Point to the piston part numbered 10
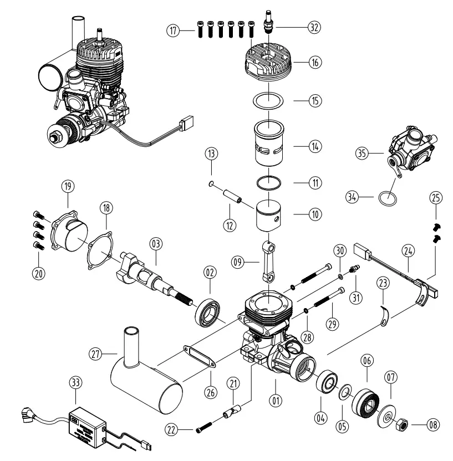(269, 216)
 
